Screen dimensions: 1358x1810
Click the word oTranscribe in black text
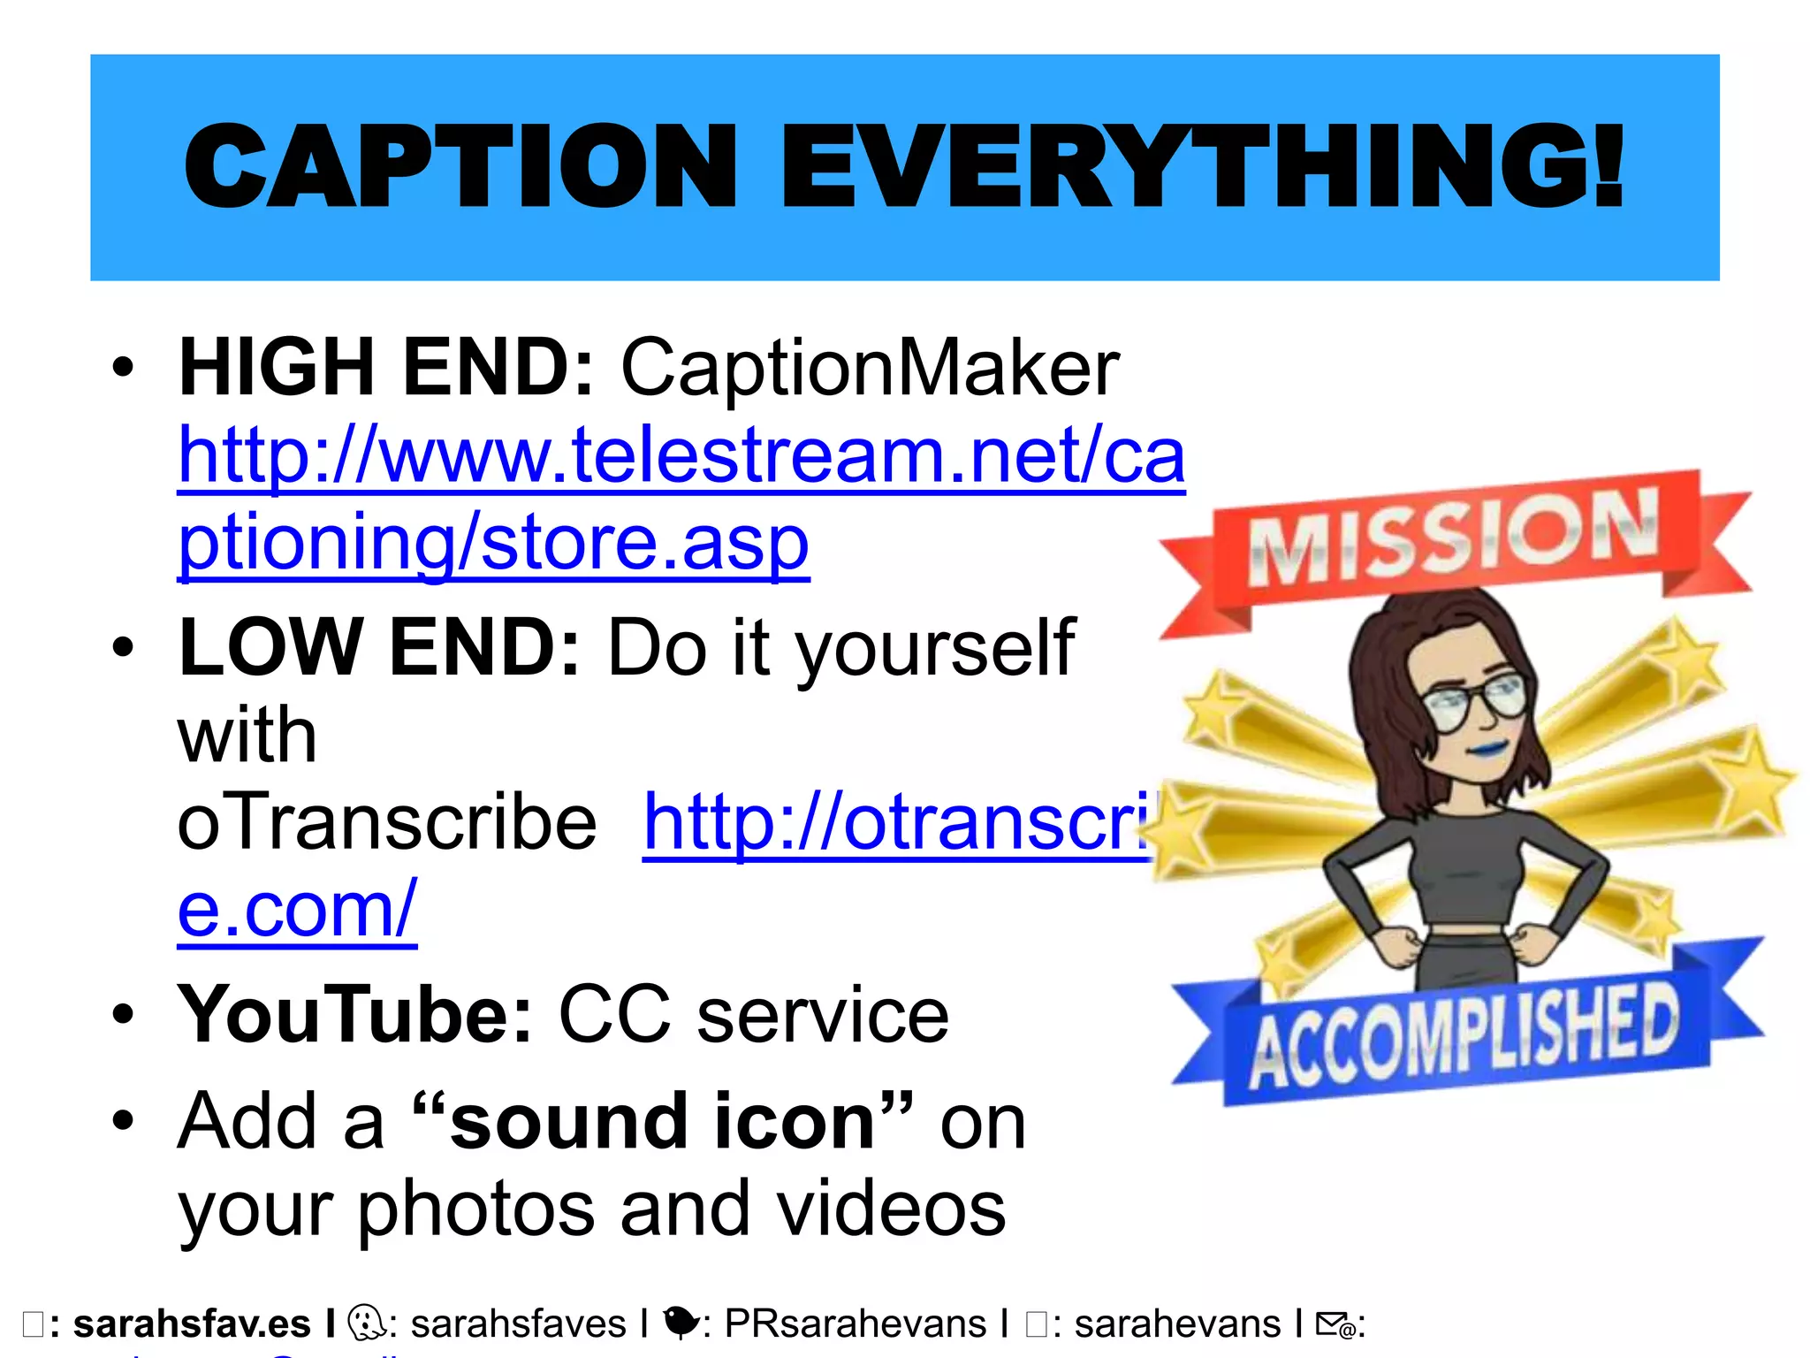point(387,822)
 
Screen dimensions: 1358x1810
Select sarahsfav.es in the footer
point(192,1324)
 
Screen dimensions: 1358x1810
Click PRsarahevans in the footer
point(855,1324)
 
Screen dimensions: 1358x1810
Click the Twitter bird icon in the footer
point(680,1323)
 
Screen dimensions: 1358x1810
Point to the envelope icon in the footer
point(1335,1324)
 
